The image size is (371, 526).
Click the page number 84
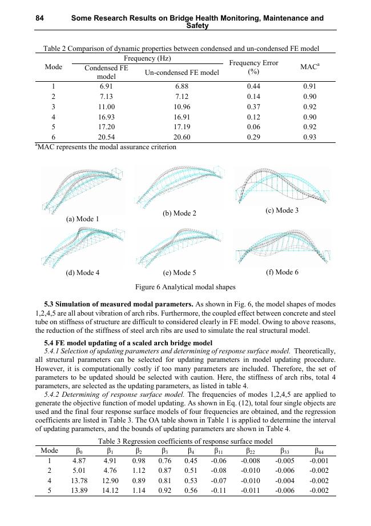pos(40,18)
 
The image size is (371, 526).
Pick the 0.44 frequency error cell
pos(253,86)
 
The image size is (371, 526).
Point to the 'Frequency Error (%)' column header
pos(253,67)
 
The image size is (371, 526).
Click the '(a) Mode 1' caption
pos(83,219)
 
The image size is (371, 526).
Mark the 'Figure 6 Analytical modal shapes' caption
pos(185,287)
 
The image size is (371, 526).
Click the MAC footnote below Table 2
pos(106,147)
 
